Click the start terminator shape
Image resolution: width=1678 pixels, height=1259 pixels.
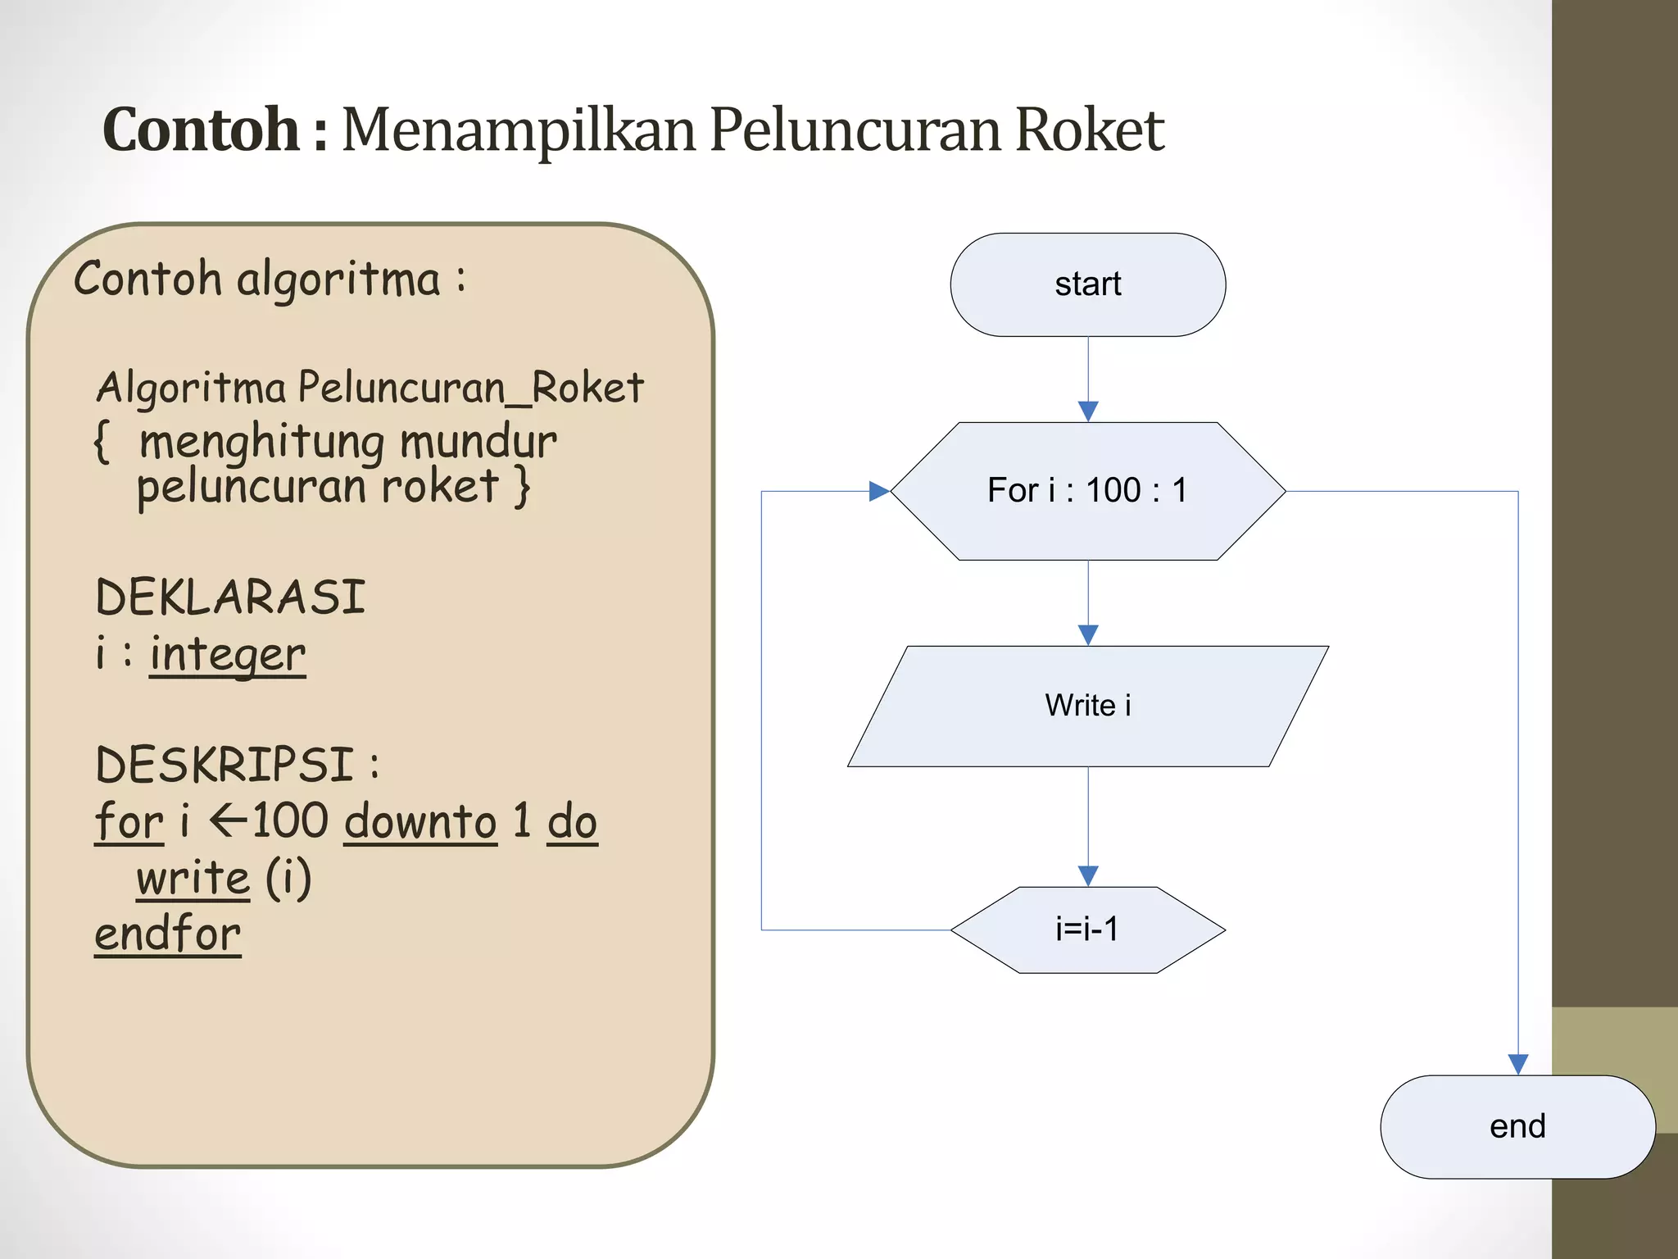click(x=1087, y=284)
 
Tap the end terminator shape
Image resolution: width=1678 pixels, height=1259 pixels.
click(x=1517, y=1126)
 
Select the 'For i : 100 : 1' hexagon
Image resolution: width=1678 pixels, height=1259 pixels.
click(x=1087, y=491)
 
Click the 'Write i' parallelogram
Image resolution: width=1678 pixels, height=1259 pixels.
click(x=1087, y=706)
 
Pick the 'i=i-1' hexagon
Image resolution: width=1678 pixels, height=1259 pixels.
click(x=1087, y=929)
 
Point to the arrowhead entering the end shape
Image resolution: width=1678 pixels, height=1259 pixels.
click(x=1517, y=1064)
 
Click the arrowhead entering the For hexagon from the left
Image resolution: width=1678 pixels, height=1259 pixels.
click(x=879, y=491)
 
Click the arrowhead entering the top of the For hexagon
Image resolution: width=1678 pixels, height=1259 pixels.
click(x=1088, y=411)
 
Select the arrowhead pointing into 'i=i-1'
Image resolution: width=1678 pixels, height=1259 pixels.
click(x=1088, y=875)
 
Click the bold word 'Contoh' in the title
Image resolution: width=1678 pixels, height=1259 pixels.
click(x=201, y=130)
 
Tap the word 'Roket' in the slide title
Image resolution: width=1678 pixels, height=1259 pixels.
click(x=1089, y=130)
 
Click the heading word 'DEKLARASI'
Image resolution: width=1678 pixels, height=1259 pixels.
click(x=230, y=597)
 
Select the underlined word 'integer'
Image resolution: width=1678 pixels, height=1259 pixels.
click(x=227, y=655)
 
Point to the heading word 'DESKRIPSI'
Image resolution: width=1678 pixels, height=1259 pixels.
click(x=224, y=765)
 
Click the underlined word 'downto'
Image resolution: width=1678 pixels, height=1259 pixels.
click(x=420, y=821)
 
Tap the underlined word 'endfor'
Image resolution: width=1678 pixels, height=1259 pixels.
click(x=168, y=934)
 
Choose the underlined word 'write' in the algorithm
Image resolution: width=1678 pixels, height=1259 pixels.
click(x=193, y=878)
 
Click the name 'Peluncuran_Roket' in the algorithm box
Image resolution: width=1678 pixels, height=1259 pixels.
click(x=470, y=388)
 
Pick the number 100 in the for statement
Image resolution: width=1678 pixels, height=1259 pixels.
click(x=290, y=820)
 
